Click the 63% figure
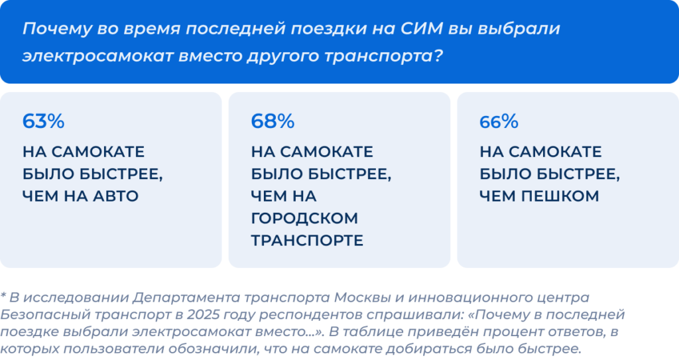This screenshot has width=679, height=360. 43,121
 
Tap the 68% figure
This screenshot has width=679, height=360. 273,121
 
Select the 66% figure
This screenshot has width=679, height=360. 499,122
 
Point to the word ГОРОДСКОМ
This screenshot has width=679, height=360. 304,218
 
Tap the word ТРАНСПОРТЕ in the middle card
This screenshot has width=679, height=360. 307,241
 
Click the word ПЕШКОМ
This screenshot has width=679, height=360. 560,196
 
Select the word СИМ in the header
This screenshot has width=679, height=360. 421,29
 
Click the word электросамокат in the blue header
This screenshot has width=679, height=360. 98,56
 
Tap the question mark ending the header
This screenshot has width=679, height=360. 438,56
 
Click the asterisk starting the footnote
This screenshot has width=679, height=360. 3,296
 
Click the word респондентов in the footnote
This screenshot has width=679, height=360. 294,315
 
